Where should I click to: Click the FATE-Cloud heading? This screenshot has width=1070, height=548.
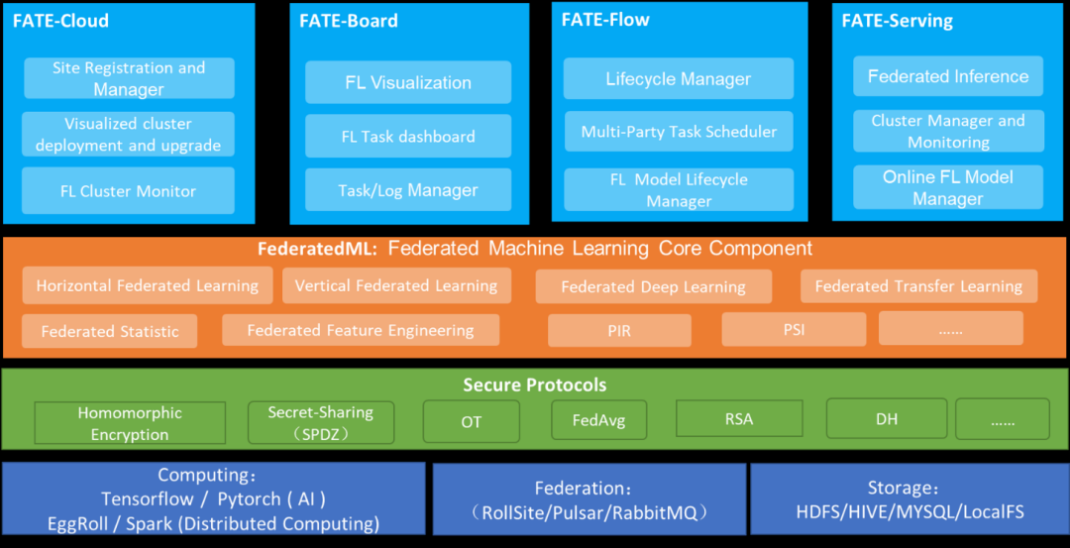[60, 20]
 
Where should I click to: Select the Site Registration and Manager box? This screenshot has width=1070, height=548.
[129, 78]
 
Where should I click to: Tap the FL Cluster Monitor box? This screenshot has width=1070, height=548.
[129, 191]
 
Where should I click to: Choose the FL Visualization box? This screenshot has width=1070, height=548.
[408, 82]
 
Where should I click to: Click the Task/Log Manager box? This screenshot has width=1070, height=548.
[408, 190]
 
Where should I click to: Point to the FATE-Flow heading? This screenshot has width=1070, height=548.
[605, 20]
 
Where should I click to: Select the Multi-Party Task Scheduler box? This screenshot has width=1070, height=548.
[679, 131]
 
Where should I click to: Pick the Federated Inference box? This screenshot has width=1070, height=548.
[948, 76]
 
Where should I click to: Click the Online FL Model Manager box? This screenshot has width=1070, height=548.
[948, 187]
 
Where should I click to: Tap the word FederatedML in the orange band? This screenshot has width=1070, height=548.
[316, 249]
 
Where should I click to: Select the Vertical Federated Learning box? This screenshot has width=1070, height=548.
[396, 285]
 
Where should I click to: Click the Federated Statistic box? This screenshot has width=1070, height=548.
[110, 331]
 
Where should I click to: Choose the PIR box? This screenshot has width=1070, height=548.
[619, 331]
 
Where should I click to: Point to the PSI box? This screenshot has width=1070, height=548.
[794, 329]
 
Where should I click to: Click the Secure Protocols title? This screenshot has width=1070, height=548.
[535, 384]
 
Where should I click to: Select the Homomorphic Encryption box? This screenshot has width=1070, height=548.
[130, 423]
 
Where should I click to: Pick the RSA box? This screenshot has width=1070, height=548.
[739, 418]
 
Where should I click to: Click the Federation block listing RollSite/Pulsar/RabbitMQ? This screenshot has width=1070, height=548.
[589, 500]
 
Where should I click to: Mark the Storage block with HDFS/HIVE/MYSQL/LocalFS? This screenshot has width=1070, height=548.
[909, 500]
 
